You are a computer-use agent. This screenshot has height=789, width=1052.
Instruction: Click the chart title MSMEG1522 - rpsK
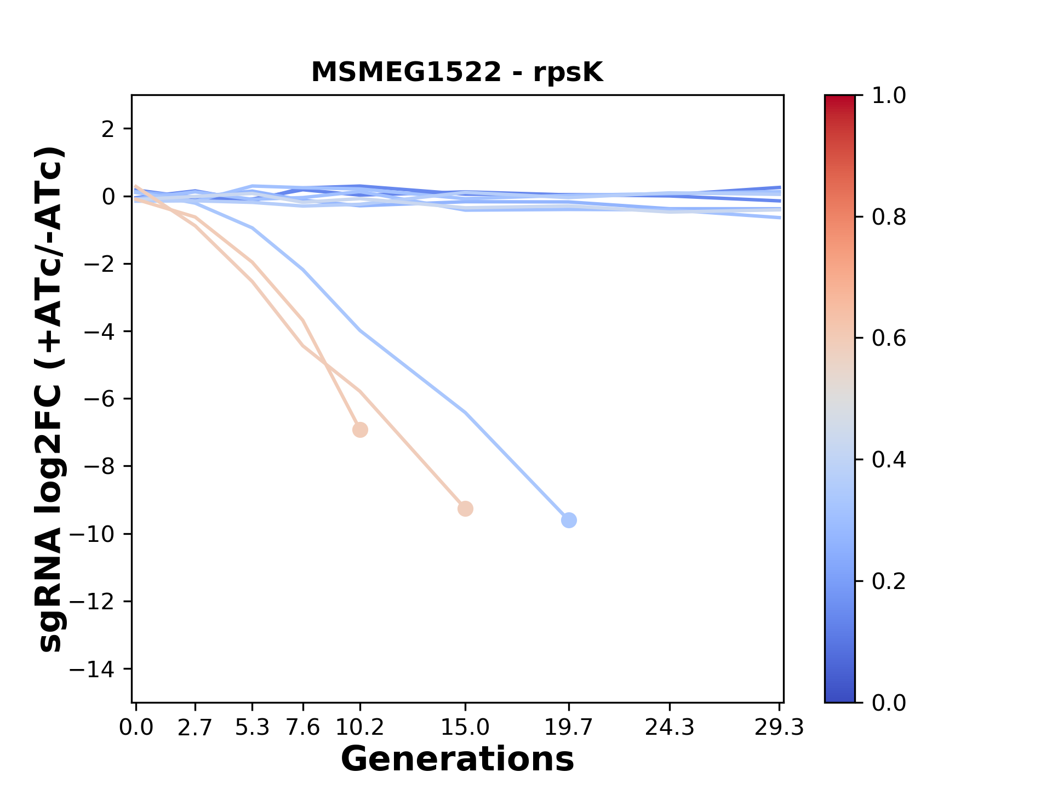tap(457, 72)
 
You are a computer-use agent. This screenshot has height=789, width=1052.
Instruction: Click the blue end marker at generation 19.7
tap(569, 520)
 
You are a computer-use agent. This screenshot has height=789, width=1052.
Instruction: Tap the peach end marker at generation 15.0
tap(465, 509)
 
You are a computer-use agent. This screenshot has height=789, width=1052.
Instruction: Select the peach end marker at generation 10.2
tap(360, 430)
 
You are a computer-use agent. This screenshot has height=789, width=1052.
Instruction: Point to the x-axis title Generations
tap(458, 759)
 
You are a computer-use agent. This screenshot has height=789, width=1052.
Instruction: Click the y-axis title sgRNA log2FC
tap(51, 400)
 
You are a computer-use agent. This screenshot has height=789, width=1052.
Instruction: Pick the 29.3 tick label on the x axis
tap(779, 728)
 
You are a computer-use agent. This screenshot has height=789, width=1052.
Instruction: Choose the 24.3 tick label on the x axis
tap(670, 728)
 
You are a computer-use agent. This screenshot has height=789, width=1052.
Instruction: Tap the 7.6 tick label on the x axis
tap(303, 728)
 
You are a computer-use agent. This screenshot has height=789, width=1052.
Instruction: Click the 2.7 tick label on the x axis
tap(195, 728)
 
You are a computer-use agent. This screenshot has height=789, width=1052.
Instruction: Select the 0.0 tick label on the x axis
tap(136, 728)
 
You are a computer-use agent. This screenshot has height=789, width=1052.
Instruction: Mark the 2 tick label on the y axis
tap(108, 129)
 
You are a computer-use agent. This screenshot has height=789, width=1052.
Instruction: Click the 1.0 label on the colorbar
tap(889, 96)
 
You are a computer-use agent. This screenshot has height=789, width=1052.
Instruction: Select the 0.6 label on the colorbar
tap(889, 339)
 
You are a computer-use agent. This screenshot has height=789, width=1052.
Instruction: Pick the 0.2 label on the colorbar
tap(889, 581)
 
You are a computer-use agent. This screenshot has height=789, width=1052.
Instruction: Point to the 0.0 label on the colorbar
tap(889, 702)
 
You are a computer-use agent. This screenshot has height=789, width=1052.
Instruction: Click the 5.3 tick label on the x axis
tap(252, 728)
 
